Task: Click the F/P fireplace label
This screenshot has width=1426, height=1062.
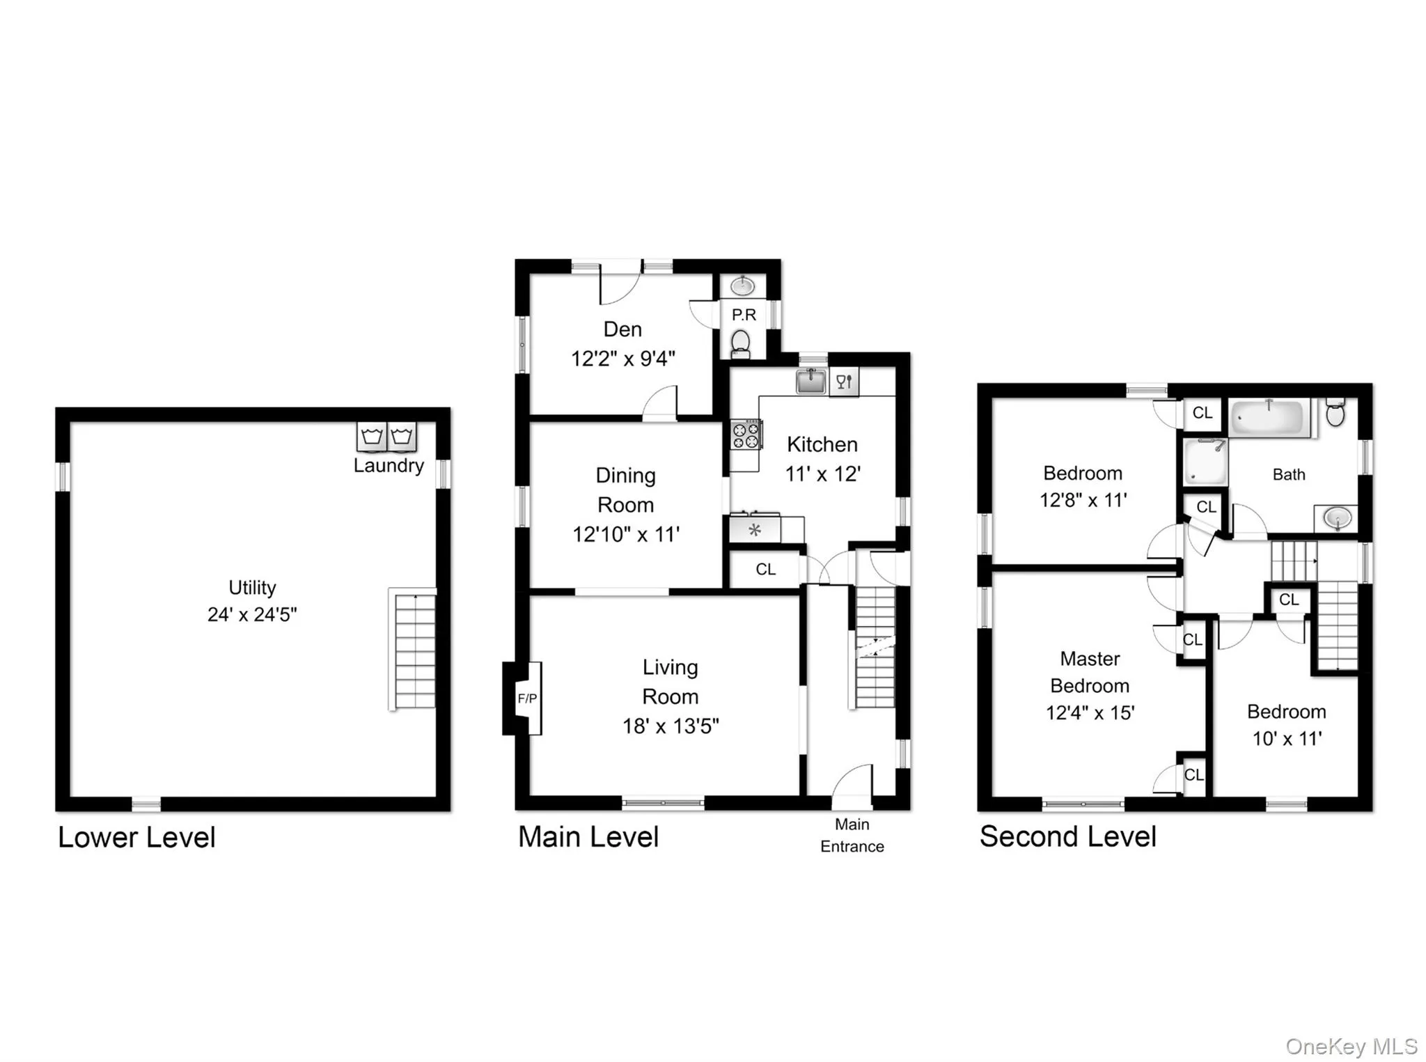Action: (527, 698)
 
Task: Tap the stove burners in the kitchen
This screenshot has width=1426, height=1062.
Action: (746, 436)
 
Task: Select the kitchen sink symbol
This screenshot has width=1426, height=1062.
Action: (810, 381)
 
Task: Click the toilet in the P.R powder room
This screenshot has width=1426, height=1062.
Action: (741, 343)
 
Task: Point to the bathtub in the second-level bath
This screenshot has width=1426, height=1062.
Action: (1267, 419)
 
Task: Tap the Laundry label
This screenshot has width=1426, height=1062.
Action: (389, 465)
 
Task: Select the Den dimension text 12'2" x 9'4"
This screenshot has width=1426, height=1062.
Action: (623, 359)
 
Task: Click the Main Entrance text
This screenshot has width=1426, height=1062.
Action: (852, 835)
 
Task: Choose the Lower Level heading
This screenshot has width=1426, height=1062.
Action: (136, 837)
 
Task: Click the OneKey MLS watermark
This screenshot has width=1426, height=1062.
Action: (1351, 1047)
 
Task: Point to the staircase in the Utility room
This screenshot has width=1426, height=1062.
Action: (414, 650)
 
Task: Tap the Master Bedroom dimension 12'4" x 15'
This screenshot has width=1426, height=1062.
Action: (1090, 712)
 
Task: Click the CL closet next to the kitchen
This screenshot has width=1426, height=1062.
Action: (765, 570)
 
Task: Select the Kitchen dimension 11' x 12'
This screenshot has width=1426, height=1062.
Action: (822, 474)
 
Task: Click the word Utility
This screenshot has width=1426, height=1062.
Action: (252, 587)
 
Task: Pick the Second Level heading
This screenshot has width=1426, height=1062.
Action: (1067, 836)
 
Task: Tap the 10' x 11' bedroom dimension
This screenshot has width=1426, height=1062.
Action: (1287, 739)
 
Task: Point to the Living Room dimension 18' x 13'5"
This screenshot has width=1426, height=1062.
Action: (670, 726)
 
